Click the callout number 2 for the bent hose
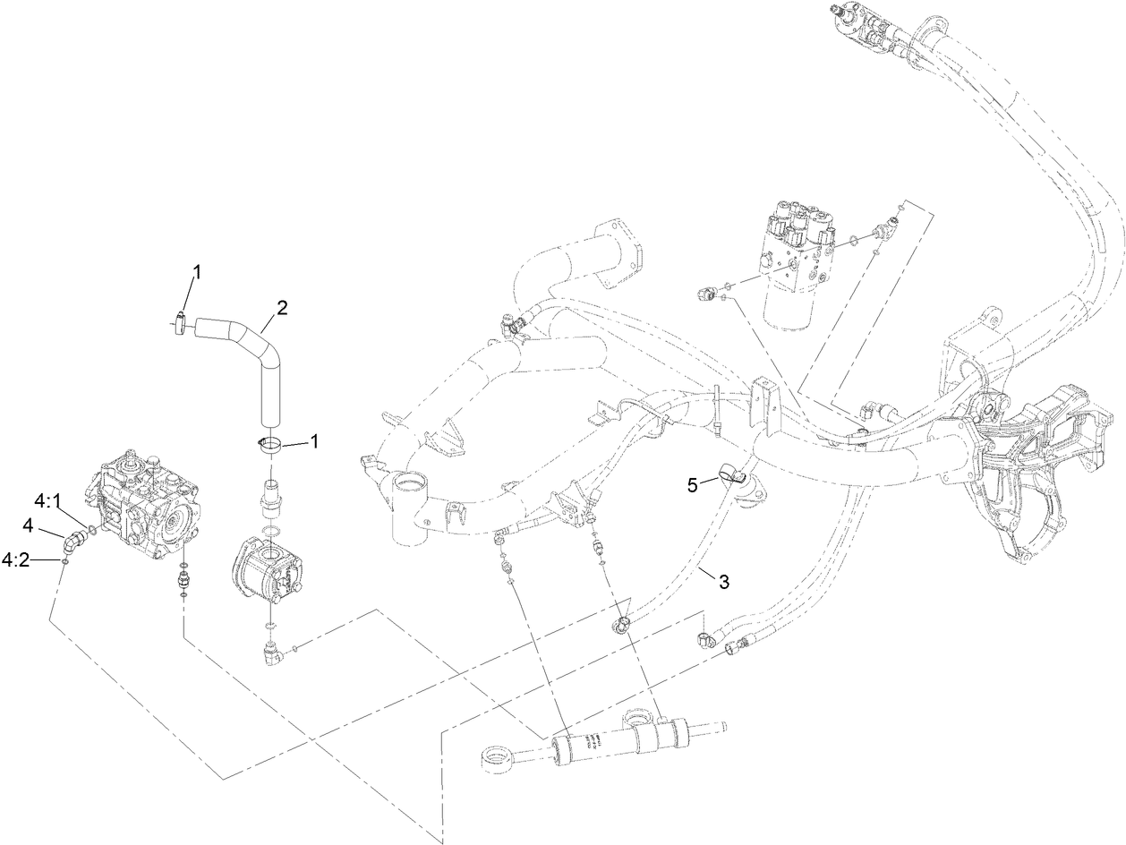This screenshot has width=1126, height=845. pos(282,308)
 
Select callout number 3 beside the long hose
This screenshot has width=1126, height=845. pos(723,581)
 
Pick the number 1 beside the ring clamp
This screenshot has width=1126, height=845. pos(314,441)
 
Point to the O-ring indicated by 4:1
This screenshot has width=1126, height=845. pos(90,528)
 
